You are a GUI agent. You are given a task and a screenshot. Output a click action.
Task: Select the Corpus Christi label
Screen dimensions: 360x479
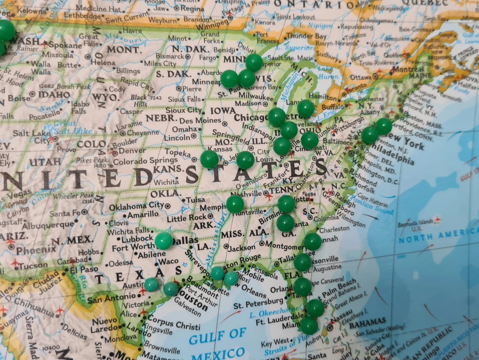[173, 323]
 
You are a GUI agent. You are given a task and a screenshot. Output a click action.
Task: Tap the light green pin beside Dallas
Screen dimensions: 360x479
[164, 241]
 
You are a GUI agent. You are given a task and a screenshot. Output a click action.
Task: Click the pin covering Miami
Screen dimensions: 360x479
[309, 325]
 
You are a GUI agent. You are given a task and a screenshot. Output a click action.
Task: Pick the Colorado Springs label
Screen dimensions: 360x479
[145, 160]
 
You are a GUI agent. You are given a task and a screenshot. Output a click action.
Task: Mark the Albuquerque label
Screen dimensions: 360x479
[48, 225]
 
